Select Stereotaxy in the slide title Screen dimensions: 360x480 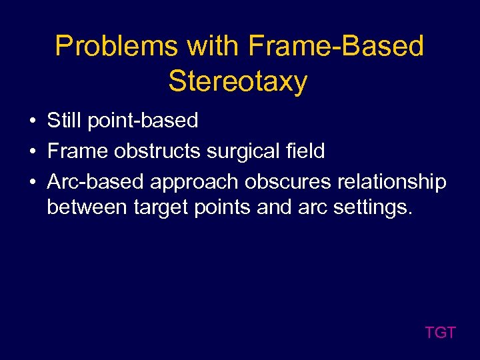coord(238,81)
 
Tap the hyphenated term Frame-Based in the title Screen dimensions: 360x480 coord(336,47)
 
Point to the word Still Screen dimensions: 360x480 coord(63,121)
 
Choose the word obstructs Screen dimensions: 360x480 coord(158,151)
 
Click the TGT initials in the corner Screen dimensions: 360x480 coord(440,333)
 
